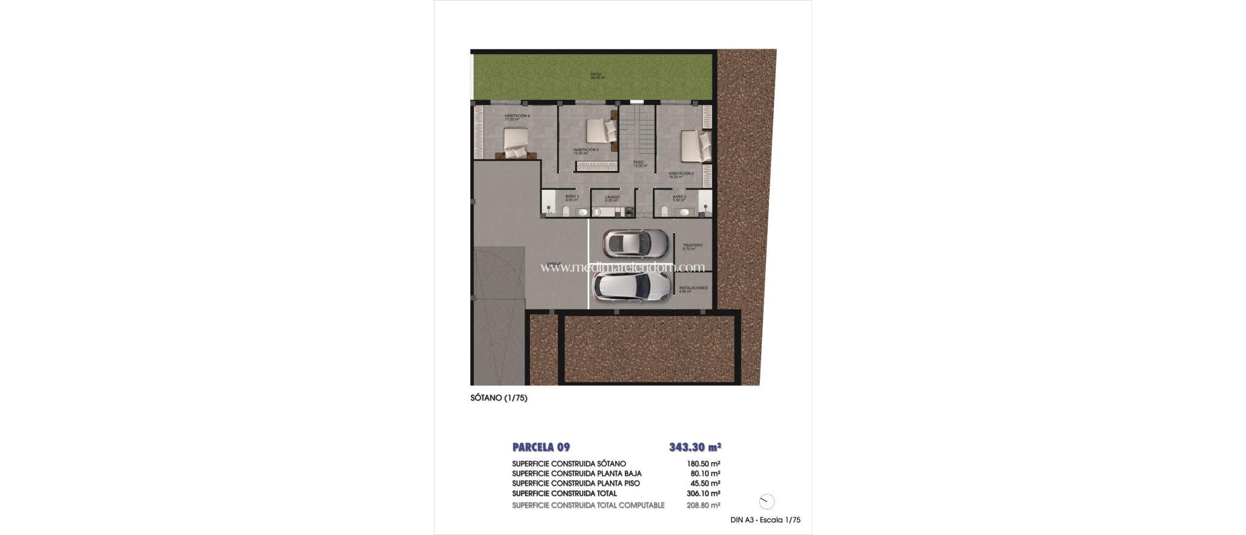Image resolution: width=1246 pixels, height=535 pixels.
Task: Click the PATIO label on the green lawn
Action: (x=596, y=76)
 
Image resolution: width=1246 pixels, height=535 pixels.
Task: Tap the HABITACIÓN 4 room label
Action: (x=517, y=117)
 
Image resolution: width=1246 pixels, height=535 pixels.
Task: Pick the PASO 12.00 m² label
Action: (x=639, y=164)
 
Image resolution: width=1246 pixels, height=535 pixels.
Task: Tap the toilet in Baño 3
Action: (x=566, y=211)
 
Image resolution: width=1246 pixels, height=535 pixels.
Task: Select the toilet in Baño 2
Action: (x=664, y=211)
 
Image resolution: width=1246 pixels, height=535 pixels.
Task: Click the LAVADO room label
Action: (x=611, y=198)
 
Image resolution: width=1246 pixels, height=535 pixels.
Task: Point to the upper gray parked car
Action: (x=635, y=243)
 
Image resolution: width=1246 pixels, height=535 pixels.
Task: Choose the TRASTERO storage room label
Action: (x=692, y=247)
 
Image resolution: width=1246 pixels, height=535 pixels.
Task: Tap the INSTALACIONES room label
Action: (x=693, y=289)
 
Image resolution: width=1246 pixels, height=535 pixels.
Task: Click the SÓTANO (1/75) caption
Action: (x=498, y=398)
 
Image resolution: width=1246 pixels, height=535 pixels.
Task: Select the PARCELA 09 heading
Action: (x=541, y=447)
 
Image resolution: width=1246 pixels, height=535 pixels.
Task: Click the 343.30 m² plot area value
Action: (x=695, y=447)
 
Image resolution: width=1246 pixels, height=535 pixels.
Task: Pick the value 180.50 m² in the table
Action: (x=703, y=464)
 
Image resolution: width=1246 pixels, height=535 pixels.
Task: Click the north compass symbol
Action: (x=767, y=502)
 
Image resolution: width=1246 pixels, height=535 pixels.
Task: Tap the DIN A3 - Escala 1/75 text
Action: (x=765, y=520)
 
